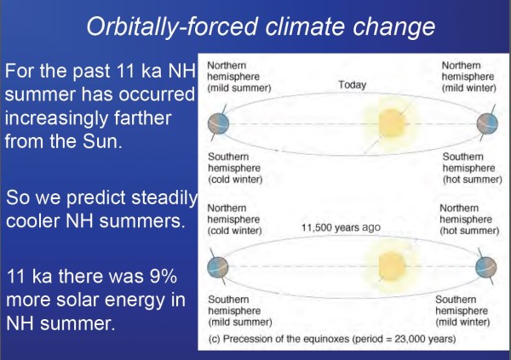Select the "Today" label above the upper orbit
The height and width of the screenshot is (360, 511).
click(x=352, y=85)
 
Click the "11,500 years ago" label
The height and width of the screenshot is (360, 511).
click(x=341, y=227)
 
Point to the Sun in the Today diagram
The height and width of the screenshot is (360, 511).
click(x=392, y=123)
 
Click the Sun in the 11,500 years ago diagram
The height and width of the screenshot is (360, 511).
click(x=392, y=266)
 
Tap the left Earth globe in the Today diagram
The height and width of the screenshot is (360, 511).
click(x=218, y=123)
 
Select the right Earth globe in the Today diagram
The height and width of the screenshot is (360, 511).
click(x=487, y=123)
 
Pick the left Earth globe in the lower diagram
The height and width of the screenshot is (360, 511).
click(x=218, y=267)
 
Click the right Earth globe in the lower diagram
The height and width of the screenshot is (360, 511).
click(x=486, y=267)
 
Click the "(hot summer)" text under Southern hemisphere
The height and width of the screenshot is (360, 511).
click(x=472, y=180)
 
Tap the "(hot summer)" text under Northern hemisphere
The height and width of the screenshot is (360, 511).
click(x=469, y=231)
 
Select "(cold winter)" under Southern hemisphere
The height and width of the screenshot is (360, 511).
click(x=235, y=180)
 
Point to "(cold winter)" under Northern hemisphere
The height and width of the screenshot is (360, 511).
click(x=235, y=231)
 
